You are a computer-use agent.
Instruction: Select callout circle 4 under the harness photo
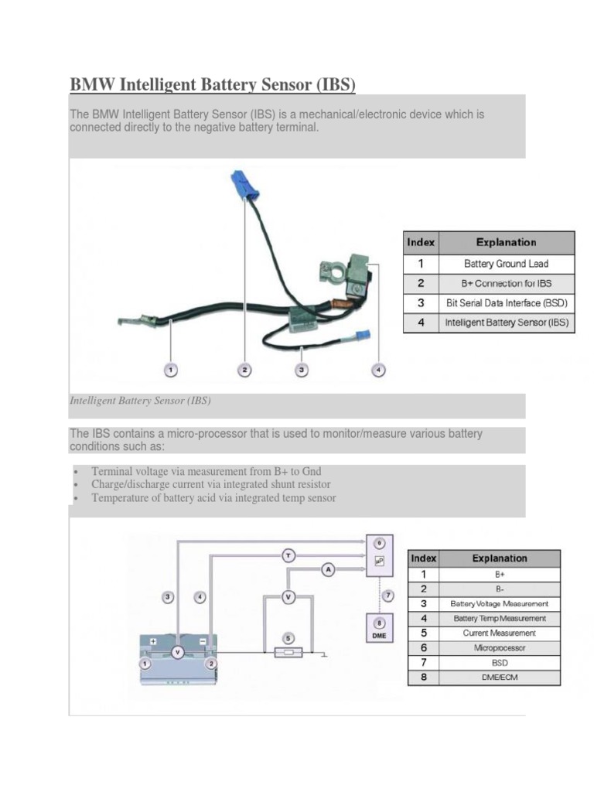pyautogui.click(x=378, y=370)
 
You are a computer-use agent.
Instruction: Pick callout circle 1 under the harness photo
pyautogui.click(x=171, y=370)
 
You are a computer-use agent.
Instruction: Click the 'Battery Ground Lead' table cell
pyautogui.click(x=506, y=264)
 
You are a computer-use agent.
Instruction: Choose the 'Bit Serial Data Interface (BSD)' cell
pyautogui.click(x=506, y=303)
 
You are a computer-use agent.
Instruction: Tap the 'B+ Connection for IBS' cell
pyautogui.click(x=506, y=283)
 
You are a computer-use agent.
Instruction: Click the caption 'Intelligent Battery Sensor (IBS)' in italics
pyautogui.click(x=140, y=401)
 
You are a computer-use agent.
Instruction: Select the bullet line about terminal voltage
pyautogui.click(x=206, y=471)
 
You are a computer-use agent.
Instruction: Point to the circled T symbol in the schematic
pyautogui.click(x=288, y=555)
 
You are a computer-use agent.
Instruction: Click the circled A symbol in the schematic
pyautogui.click(x=328, y=570)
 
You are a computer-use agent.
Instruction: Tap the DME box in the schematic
pyautogui.click(x=379, y=628)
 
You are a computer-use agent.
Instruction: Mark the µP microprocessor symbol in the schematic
pyautogui.click(x=379, y=560)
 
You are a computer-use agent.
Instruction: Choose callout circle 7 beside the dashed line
pyautogui.click(x=388, y=595)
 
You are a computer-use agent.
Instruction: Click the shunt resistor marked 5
pyautogui.click(x=288, y=653)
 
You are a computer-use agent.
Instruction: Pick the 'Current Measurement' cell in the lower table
pyautogui.click(x=499, y=633)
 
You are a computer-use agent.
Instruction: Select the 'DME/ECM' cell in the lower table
pyautogui.click(x=499, y=678)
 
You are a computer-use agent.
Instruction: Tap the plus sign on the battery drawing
pyautogui.click(x=153, y=640)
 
